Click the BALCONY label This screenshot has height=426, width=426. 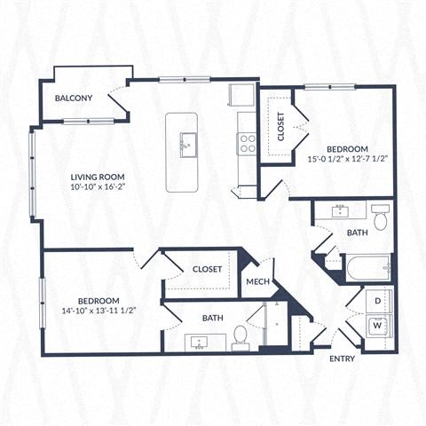pyautogui.click(x=74, y=99)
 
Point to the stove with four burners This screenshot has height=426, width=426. pyautogui.click(x=247, y=143)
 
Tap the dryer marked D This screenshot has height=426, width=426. pyautogui.click(x=376, y=301)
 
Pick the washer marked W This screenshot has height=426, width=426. pyautogui.click(x=376, y=326)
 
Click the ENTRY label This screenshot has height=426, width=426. pyautogui.click(x=343, y=359)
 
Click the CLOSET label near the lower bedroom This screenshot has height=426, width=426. pyautogui.click(x=208, y=268)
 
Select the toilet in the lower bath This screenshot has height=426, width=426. pyautogui.click(x=240, y=335)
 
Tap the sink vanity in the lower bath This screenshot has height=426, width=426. pyautogui.click(x=197, y=340)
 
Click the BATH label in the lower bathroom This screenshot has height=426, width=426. pyautogui.click(x=212, y=317)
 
